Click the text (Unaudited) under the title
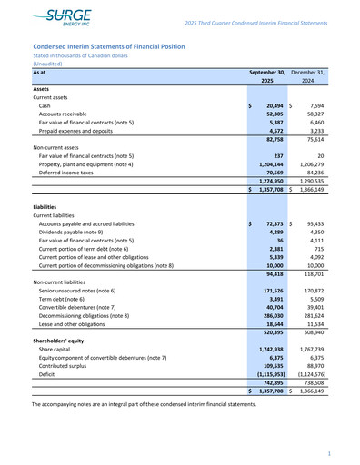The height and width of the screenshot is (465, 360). [48, 64]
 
